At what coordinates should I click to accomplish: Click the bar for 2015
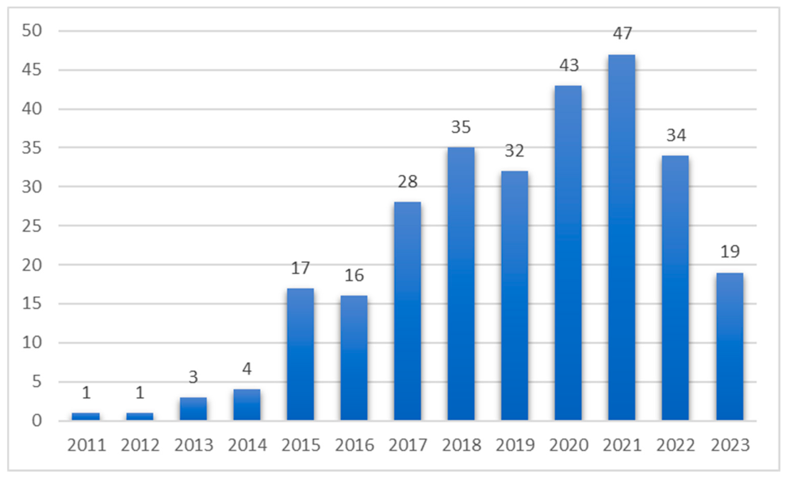pyautogui.click(x=300, y=354)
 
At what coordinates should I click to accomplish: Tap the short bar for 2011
pyautogui.click(x=86, y=416)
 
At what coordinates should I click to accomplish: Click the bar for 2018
pyautogui.click(x=461, y=284)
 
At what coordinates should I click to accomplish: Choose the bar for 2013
pyautogui.click(x=193, y=409)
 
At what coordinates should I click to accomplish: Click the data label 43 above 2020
pyautogui.click(x=569, y=65)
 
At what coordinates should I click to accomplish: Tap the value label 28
pyautogui.click(x=407, y=182)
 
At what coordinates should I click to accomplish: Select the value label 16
pyautogui.click(x=354, y=275)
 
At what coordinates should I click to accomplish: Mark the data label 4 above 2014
pyautogui.click(x=247, y=369)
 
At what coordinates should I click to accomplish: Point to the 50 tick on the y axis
pyautogui.click(x=32, y=31)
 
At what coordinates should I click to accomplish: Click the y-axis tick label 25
pyautogui.click(x=32, y=226)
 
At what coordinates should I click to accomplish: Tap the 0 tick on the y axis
pyautogui.click(x=37, y=421)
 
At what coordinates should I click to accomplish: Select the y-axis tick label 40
pyautogui.click(x=32, y=109)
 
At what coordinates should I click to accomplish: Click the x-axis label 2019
pyautogui.click(x=515, y=445)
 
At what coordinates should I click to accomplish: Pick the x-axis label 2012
pyautogui.click(x=140, y=445)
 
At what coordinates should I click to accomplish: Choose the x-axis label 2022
pyautogui.click(x=676, y=445)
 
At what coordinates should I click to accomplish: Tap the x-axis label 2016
pyautogui.click(x=354, y=445)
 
